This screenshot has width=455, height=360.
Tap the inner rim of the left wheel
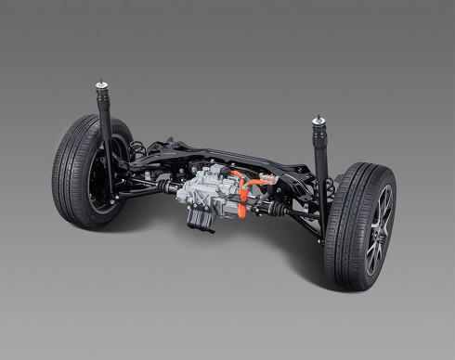click(x=99, y=181)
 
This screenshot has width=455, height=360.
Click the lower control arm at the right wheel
click(x=302, y=217)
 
